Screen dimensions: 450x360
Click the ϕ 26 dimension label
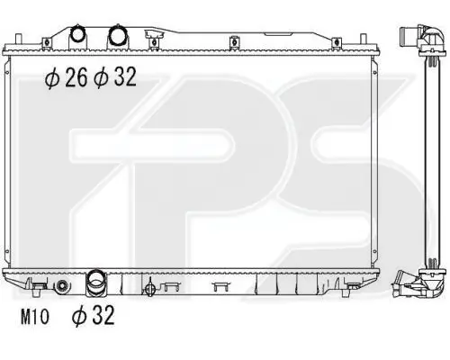(66, 77)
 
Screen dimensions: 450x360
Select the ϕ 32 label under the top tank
(115, 77)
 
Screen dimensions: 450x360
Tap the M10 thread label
(34, 317)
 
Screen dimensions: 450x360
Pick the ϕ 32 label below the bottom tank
(94, 315)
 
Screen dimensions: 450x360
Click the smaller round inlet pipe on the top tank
(77, 35)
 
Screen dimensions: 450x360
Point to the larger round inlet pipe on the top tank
(118, 35)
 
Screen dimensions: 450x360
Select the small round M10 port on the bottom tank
(62, 286)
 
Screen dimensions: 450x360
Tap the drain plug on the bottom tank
(150, 289)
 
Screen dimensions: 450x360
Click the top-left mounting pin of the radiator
(19, 40)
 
